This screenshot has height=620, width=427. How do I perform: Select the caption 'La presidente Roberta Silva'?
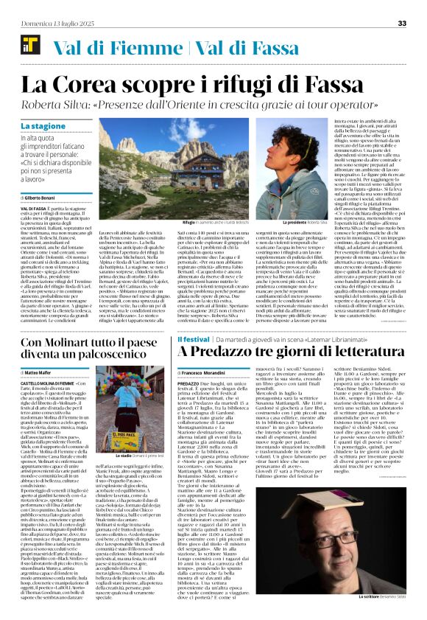(308, 201)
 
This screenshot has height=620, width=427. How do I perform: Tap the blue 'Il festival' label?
(194, 338)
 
